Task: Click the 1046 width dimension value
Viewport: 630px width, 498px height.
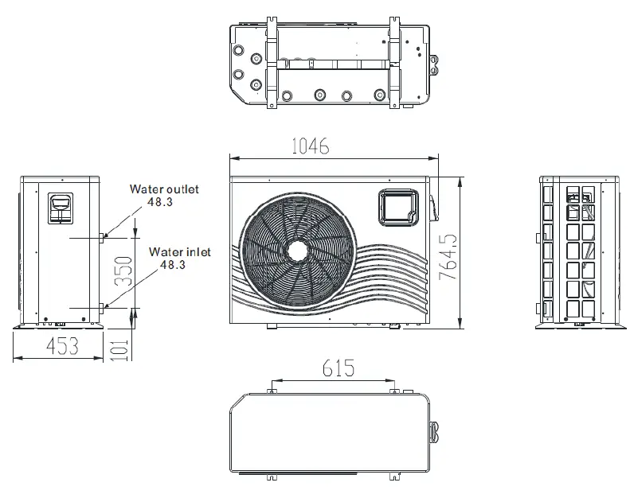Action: pyautogui.click(x=310, y=146)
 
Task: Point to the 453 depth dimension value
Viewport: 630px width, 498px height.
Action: pyautogui.click(x=61, y=346)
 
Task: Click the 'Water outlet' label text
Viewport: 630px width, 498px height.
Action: pyautogui.click(x=165, y=189)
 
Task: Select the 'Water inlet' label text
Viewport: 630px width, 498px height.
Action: pyautogui.click(x=179, y=251)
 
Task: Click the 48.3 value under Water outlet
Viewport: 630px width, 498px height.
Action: pyautogui.click(x=159, y=202)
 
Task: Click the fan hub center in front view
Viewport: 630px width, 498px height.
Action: pyautogui.click(x=296, y=248)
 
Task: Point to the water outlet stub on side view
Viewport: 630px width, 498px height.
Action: pyautogui.click(x=103, y=235)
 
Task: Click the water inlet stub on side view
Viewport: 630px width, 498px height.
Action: pyautogui.click(x=103, y=307)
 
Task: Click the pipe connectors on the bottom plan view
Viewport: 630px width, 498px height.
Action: pyautogui.click(x=436, y=430)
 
